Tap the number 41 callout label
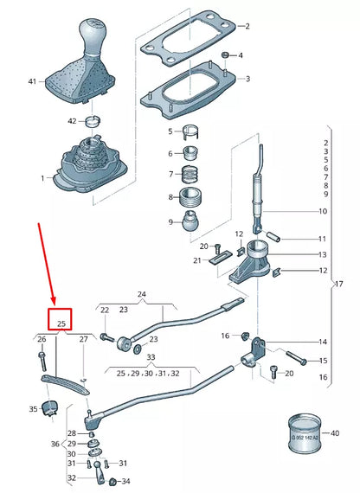point(32,81)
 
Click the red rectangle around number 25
point(61,321)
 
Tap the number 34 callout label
point(125,482)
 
